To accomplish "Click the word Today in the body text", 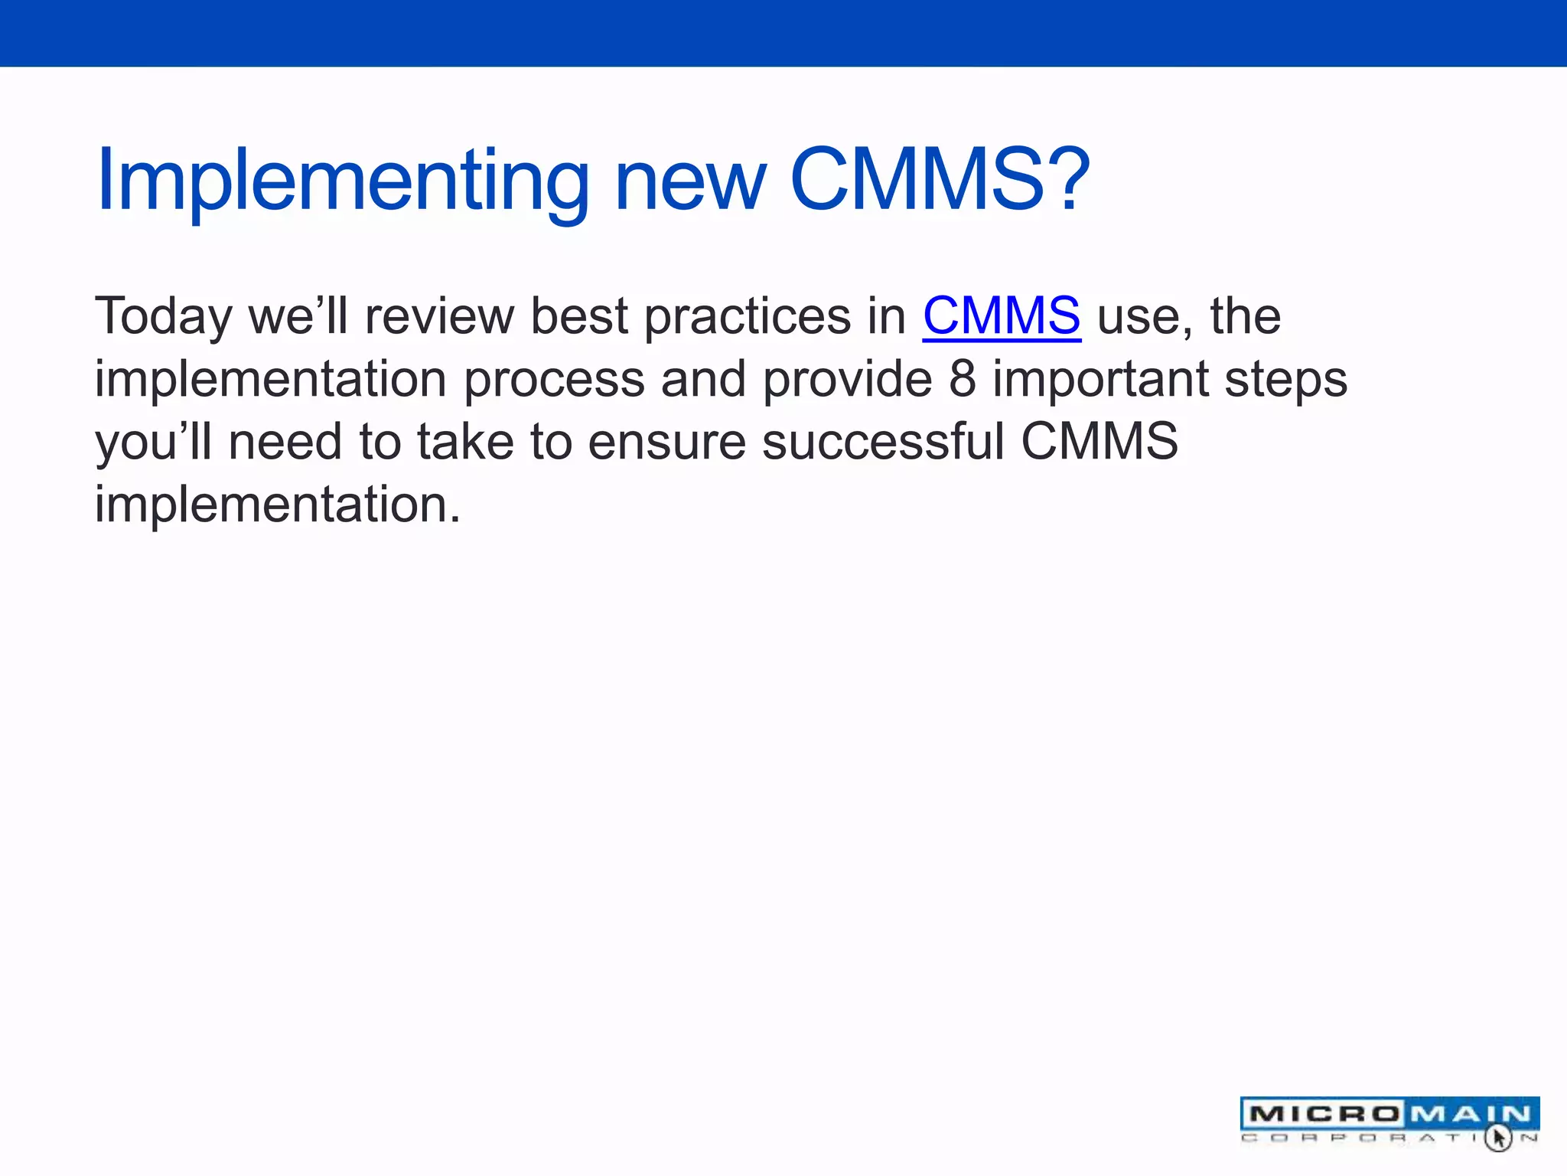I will (163, 317).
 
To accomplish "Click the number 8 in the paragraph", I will (963, 379).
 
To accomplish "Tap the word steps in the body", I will (1285, 381).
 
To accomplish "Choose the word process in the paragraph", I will (554, 381).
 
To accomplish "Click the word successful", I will (883, 442).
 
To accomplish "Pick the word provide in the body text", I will (847, 381).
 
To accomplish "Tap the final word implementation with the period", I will (277, 505).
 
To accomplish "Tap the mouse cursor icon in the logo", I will (1498, 1137).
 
